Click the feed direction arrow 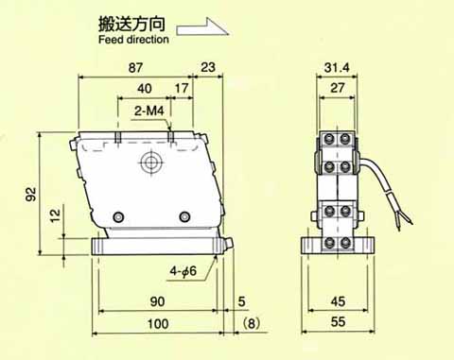(x=201, y=27)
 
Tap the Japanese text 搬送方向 (x=131, y=24)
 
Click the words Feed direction (x=133, y=40)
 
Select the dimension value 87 (x=135, y=68)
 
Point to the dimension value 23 (x=208, y=67)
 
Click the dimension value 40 (x=145, y=89)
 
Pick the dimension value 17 (x=182, y=88)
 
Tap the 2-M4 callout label (x=149, y=111)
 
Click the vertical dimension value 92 (x=31, y=194)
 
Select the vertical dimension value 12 (x=55, y=215)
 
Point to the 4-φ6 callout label (x=183, y=271)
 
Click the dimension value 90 (x=157, y=301)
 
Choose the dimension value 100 (x=158, y=324)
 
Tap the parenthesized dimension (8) (x=252, y=323)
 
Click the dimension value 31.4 (x=337, y=68)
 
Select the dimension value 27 (x=338, y=88)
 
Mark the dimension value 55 (x=338, y=322)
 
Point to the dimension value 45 (x=338, y=301)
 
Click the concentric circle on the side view (x=150, y=163)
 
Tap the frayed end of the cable (x=404, y=219)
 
